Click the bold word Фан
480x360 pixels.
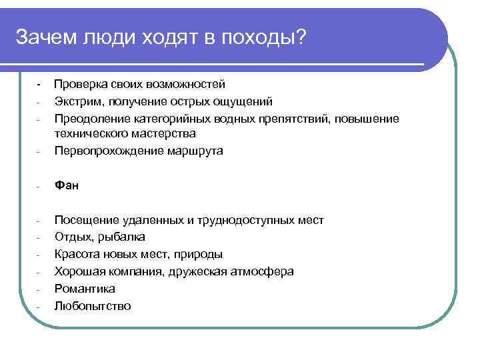tap(67, 186)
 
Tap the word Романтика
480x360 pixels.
tap(85, 289)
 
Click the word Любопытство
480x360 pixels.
tap(93, 306)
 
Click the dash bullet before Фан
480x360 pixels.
tap(39, 187)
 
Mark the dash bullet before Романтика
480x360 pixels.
tap(39, 289)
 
